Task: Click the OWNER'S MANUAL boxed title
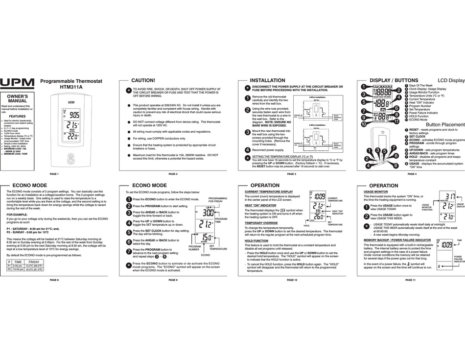17,97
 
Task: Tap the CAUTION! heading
143,80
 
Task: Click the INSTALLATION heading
267,80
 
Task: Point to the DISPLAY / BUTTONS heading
394,80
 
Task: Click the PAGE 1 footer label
54,174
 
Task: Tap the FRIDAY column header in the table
34,262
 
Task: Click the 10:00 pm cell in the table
18,269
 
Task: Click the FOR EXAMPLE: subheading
20,215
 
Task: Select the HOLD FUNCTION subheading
256,241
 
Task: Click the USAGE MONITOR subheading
376,192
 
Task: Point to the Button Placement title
444,125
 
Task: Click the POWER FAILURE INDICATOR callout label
459,259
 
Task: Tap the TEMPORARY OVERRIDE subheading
261,223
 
